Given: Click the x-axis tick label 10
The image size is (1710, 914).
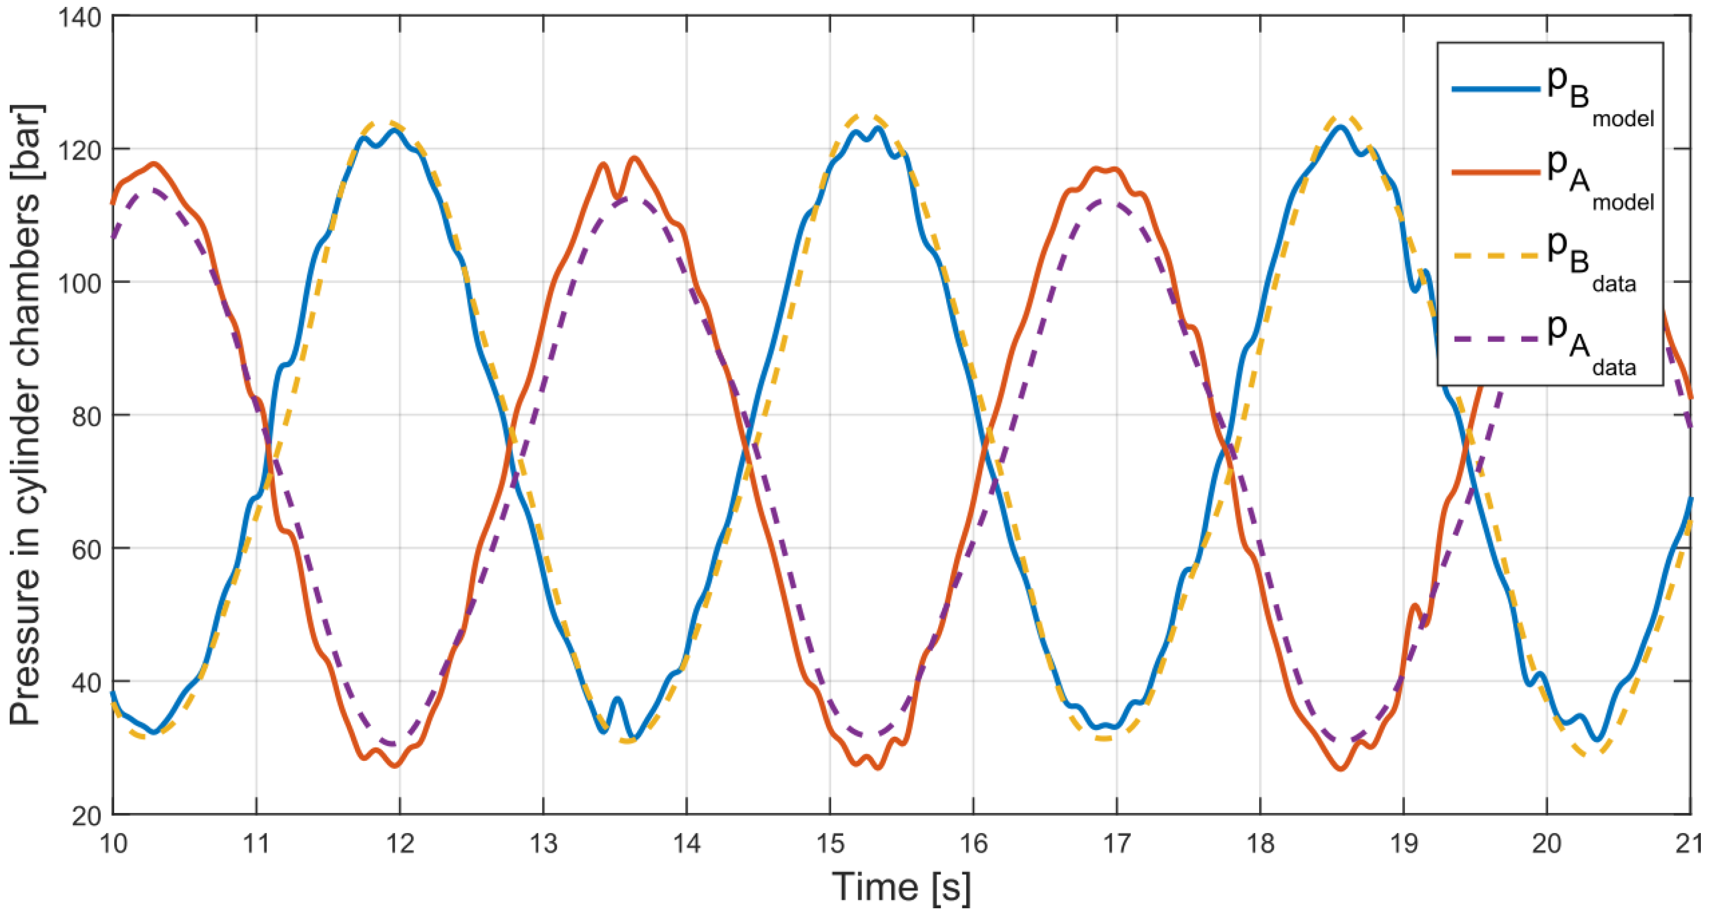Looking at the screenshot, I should [x=113, y=843].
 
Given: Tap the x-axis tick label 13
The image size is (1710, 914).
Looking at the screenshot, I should [x=543, y=843].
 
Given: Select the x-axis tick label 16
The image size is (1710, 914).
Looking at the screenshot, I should [x=973, y=843].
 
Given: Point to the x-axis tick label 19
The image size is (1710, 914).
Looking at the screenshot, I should [x=1403, y=843].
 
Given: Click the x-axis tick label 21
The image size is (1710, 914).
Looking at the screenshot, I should [x=1689, y=843].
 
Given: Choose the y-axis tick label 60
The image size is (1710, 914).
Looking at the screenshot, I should [x=86, y=549].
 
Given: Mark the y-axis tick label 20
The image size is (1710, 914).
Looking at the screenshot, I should [x=86, y=816].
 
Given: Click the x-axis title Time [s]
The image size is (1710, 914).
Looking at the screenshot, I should [x=901, y=888].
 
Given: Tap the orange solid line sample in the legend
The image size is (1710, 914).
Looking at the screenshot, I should [x=1495, y=173].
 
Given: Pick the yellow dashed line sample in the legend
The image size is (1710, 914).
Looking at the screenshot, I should [x=1495, y=256].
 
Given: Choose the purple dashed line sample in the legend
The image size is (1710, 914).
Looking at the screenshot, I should [x=1495, y=339].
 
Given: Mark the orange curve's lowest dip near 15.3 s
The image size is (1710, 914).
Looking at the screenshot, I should [x=879, y=768].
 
